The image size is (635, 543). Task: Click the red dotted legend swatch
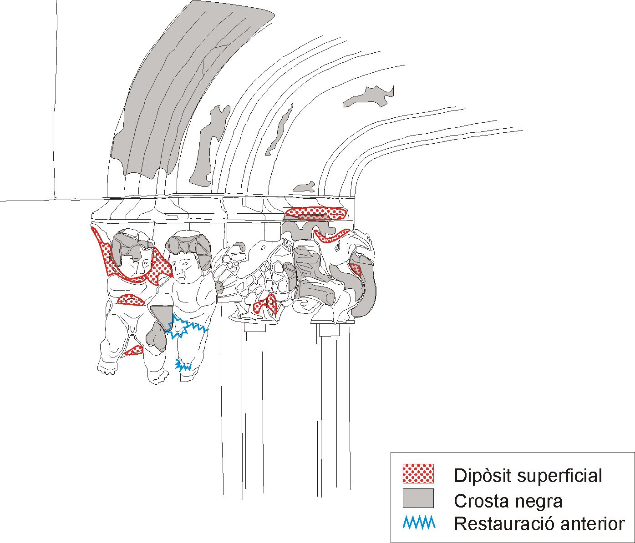click(x=418, y=473)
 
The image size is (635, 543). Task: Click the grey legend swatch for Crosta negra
click(x=418, y=498)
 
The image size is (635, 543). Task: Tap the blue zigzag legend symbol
click(x=419, y=523)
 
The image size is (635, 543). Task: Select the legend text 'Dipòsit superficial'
click(x=528, y=476)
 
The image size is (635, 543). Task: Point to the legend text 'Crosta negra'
click(x=508, y=501)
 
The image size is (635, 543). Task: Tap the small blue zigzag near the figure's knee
click(x=183, y=365)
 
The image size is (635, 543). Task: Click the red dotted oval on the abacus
click(x=316, y=213)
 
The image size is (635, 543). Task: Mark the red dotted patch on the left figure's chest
click(x=131, y=300)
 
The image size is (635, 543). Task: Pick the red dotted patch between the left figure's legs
click(x=134, y=350)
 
